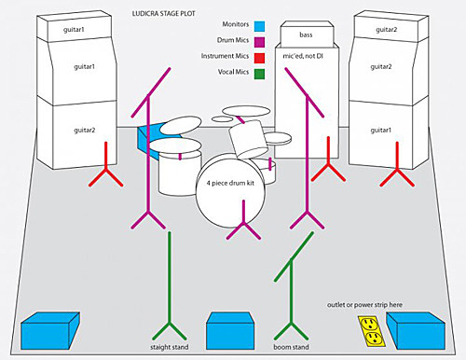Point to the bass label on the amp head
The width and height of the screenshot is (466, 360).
pos(307,35)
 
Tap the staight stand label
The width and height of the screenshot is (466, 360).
pos(171,348)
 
